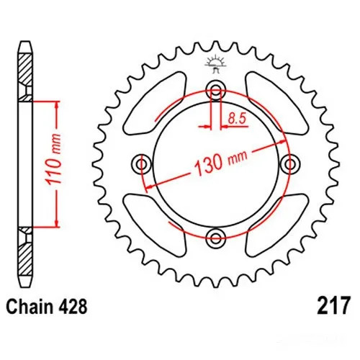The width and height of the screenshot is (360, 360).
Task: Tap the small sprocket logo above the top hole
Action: [x=214, y=64]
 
